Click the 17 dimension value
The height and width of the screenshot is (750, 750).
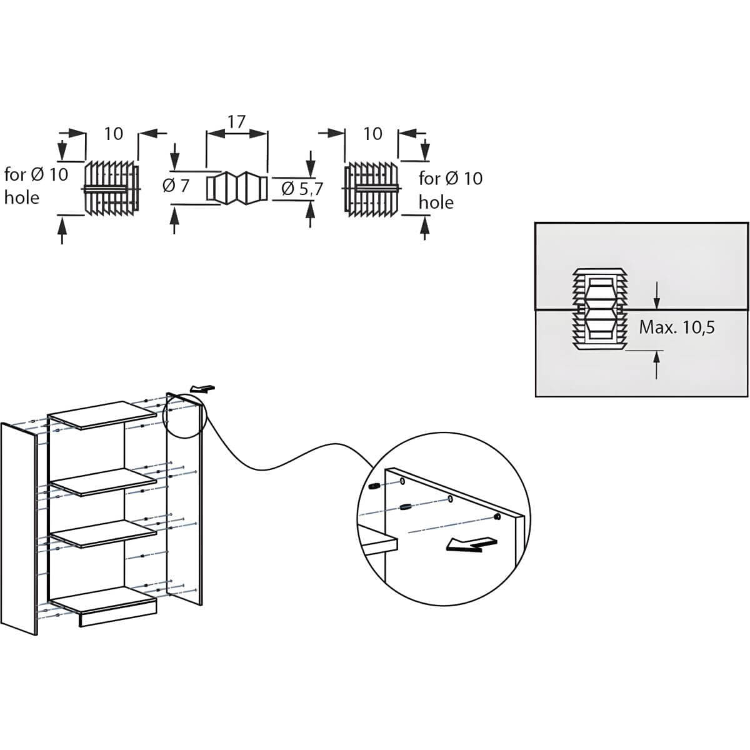(237, 122)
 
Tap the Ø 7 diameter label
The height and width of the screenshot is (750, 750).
(176, 186)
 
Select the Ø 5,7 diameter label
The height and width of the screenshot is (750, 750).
(302, 189)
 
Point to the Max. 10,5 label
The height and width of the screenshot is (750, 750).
(677, 327)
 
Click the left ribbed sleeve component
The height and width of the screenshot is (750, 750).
(112, 188)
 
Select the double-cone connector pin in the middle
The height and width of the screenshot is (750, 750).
(237, 188)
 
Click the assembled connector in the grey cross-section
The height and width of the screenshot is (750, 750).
(599, 309)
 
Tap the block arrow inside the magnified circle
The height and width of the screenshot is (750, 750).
(472, 544)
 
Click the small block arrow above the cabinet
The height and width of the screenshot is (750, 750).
(202, 388)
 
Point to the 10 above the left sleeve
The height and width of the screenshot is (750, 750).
(114, 134)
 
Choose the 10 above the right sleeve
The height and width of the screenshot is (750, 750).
(373, 134)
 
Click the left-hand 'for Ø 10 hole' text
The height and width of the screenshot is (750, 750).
(36, 186)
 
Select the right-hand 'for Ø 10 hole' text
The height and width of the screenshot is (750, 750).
(451, 191)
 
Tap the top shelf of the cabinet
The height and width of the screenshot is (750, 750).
(102, 415)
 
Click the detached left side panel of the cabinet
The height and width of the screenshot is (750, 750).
(19, 529)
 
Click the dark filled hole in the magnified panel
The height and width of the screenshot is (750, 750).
(497, 517)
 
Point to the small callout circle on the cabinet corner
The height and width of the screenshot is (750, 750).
(184, 416)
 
